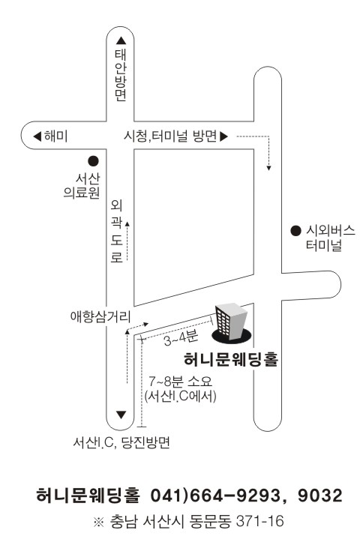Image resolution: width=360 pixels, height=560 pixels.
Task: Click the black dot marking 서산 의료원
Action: click(93, 161)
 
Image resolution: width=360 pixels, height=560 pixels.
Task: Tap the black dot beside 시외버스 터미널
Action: click(295, 231)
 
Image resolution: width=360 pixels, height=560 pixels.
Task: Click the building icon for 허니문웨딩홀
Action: click(232, 323)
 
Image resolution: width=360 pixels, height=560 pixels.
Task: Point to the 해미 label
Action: click(55, 136)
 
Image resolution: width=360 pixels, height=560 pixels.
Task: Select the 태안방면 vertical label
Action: click(121, 75)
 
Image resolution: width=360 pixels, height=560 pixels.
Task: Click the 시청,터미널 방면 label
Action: click(170, 136)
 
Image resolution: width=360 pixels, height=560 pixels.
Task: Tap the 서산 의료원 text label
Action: click(82, 185)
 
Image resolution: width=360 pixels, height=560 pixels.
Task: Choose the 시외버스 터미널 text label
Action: click(330, 238)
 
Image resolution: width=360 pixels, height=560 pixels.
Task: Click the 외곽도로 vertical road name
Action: click(117, 231)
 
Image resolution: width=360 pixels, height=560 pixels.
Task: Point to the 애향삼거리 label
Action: click(100, 316)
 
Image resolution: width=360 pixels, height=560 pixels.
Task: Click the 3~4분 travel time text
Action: click(181, 338)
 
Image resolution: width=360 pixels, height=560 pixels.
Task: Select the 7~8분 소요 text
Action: click(180, 382)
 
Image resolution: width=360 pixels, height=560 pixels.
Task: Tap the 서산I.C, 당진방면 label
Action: click(121, 443)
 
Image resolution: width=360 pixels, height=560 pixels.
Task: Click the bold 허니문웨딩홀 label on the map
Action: click(231, 360)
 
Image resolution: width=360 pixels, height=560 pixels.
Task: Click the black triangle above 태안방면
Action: click(121, 40)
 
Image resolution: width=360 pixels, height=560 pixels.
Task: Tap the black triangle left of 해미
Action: click(37, 136)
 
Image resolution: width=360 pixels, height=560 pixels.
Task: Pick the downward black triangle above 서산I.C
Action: click(121, 415)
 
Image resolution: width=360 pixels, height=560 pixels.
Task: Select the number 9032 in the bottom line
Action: click(320, 496)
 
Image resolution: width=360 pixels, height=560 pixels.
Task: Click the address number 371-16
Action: click(260, 522)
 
